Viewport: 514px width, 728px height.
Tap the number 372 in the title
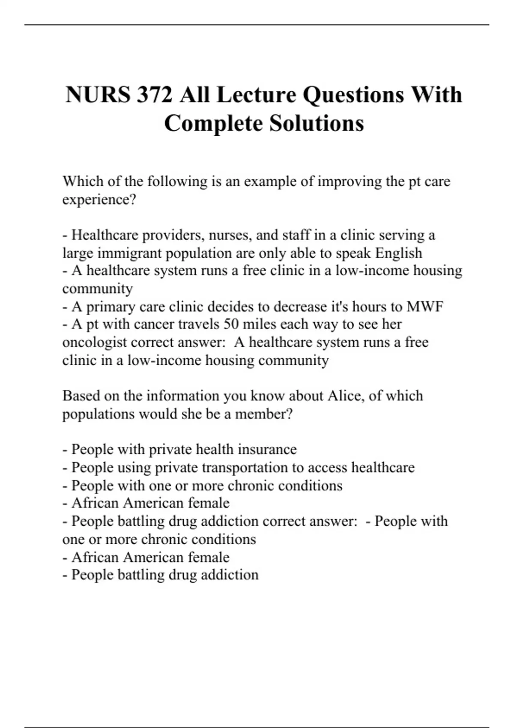tap(155, 95)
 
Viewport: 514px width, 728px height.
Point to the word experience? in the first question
tap(99, 200)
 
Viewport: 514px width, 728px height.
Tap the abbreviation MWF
tap(424, 307)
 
